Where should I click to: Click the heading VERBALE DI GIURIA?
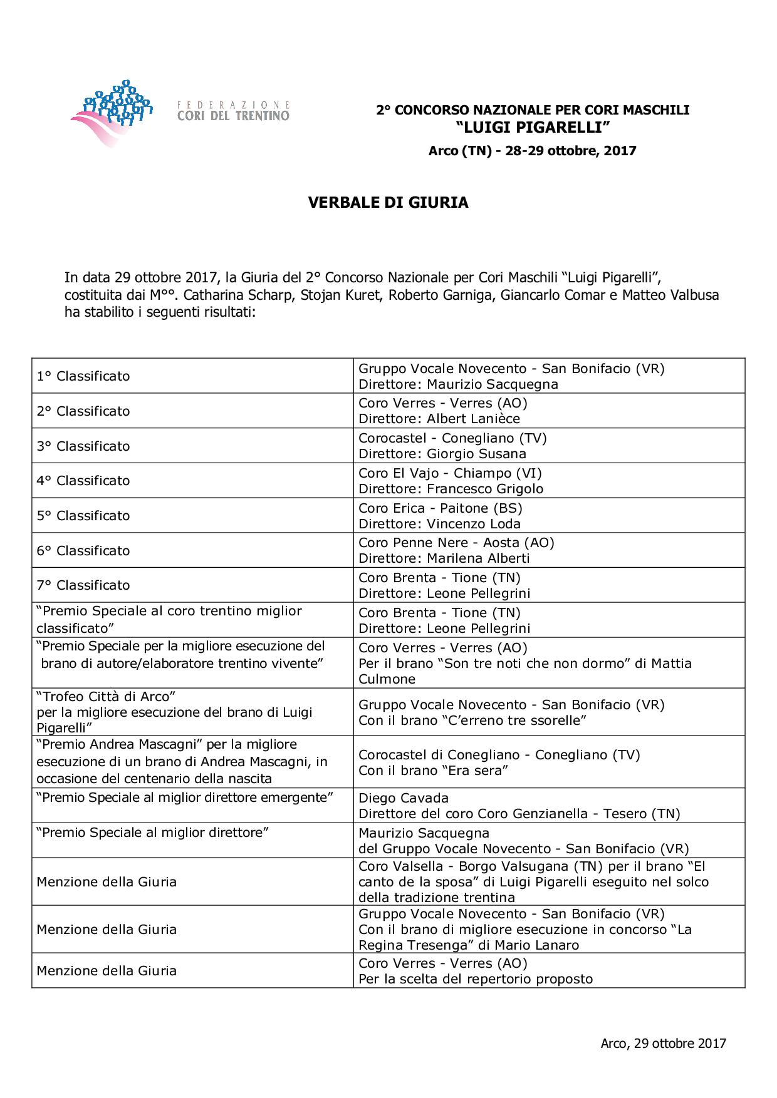click(388, 203)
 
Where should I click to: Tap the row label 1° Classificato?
click(83, 376)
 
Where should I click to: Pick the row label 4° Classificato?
click(83, 481)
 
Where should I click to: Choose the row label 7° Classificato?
click(83, 585)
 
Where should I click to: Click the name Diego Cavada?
click(404, 798)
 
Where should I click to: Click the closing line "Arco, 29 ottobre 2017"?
click(663, 1043)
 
